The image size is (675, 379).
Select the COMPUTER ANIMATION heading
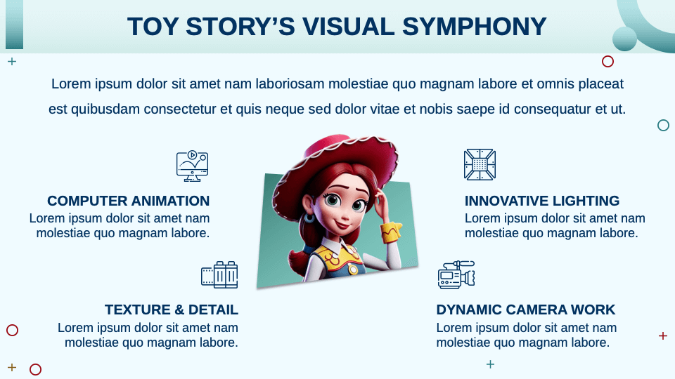pos(128,201)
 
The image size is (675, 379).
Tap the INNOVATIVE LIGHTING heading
pos(542,201)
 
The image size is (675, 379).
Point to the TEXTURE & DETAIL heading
pos(172,310)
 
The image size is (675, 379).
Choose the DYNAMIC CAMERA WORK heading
pos(525,310)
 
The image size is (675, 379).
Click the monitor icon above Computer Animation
pos(192,166)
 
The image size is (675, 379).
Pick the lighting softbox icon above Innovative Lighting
pos(480,164)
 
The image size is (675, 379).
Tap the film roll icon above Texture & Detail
pos(219,275)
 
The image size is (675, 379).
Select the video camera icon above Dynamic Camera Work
pos(456,275)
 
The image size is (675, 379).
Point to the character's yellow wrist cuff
pos(391,231)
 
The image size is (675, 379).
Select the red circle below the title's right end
pos(608,62)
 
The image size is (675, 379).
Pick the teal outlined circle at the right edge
pos(663,126)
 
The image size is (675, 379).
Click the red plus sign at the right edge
pos(662,336)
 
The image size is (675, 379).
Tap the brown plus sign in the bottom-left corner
pos(12,367)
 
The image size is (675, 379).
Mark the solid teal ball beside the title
pos(624,39)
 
